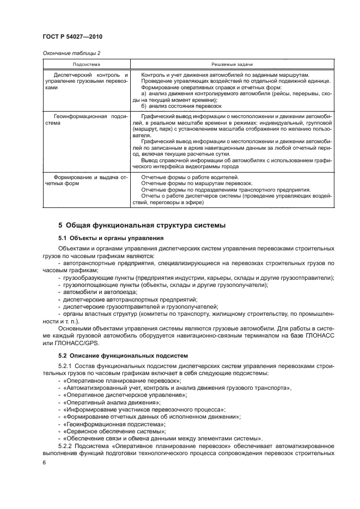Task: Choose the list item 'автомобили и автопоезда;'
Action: pyautogui.click(x=95, y=292)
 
